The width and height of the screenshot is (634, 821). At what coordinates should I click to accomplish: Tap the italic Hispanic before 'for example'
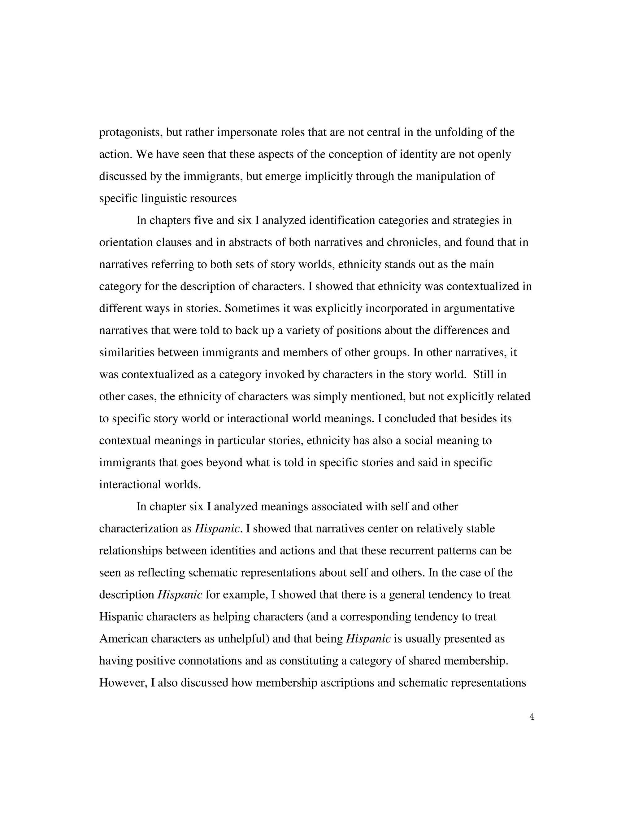point(180,595)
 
